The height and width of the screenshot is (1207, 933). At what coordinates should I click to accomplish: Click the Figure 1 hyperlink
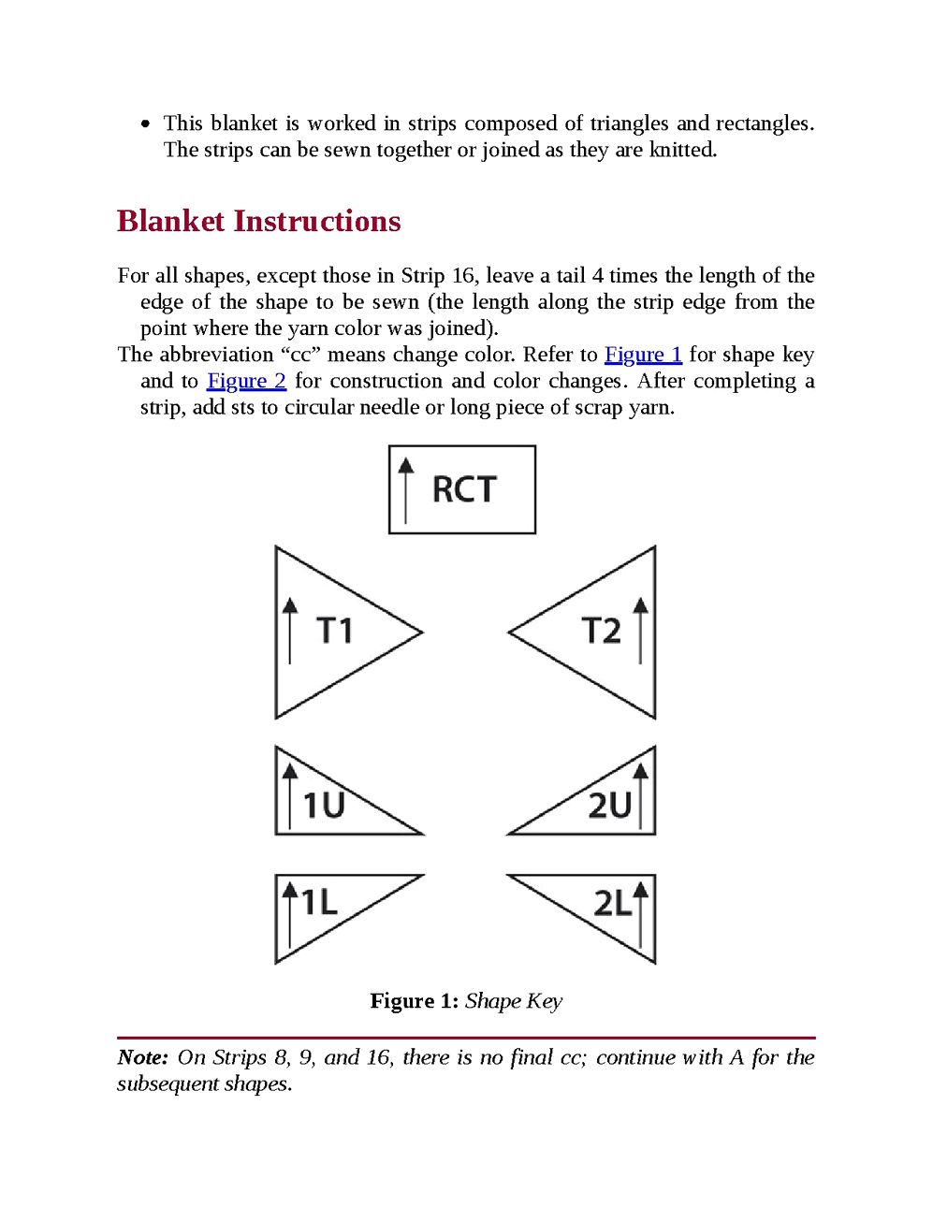tap(643, 355)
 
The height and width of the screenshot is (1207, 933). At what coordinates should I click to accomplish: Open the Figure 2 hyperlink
tap(246, 381)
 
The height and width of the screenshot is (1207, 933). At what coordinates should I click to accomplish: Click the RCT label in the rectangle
tap(464, 489)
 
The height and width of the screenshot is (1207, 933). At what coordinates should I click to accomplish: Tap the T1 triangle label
tap(335, 631)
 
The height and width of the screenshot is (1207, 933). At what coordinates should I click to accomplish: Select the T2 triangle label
tap(601, 631)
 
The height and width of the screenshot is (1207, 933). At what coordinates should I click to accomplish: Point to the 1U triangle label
tap(324, 805)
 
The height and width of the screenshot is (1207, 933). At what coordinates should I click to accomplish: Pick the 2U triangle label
tap(609, 805)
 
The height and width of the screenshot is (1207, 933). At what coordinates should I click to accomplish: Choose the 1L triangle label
tap(319, 902)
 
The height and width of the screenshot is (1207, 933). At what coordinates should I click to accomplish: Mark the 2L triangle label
tap(613, 903)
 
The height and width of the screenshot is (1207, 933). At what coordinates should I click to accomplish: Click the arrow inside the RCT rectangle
tap(405, 489)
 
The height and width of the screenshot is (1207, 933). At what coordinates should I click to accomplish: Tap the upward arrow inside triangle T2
tap(640, 631)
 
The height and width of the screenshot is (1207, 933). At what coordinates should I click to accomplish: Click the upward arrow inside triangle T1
tap(290, 631)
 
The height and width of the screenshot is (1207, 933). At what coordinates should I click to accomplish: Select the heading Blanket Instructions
tap(259, 222)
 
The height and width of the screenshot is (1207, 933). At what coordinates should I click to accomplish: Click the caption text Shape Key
tap(514, 1001)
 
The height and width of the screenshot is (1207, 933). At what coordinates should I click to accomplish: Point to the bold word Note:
tap(142, 1057)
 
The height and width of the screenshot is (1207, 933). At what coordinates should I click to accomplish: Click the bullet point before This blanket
tap(145, 124)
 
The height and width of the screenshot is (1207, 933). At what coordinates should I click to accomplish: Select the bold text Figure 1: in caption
tap(414, 1001)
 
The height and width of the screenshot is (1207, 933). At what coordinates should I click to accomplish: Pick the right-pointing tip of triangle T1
tap(420, 633)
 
